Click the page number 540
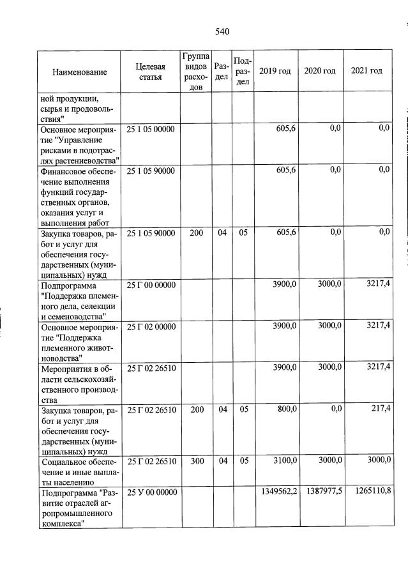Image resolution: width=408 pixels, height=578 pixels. click(222, 32)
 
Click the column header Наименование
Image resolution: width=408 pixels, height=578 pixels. click(80, 72)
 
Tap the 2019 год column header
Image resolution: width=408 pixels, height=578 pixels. click(275, 71)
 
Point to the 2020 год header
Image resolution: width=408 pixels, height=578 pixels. click(320, 71)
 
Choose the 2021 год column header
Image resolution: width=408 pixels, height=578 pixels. click(366, 71)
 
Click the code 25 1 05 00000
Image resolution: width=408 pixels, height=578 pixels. click(151, 129)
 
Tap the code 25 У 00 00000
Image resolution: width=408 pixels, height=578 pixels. click(151, 492)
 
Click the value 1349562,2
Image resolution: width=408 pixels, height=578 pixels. click(278, 492)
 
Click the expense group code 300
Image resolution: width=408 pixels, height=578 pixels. click(196, 461)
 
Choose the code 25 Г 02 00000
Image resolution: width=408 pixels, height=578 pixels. click(151, 327)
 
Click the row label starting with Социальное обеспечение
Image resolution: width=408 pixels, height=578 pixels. click(79, 467)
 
